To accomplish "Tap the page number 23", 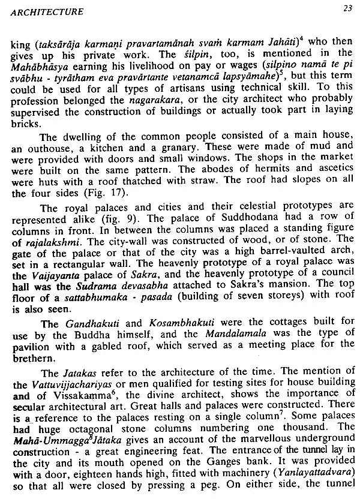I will [348, 8].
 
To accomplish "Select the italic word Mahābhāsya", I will [41, 65].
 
